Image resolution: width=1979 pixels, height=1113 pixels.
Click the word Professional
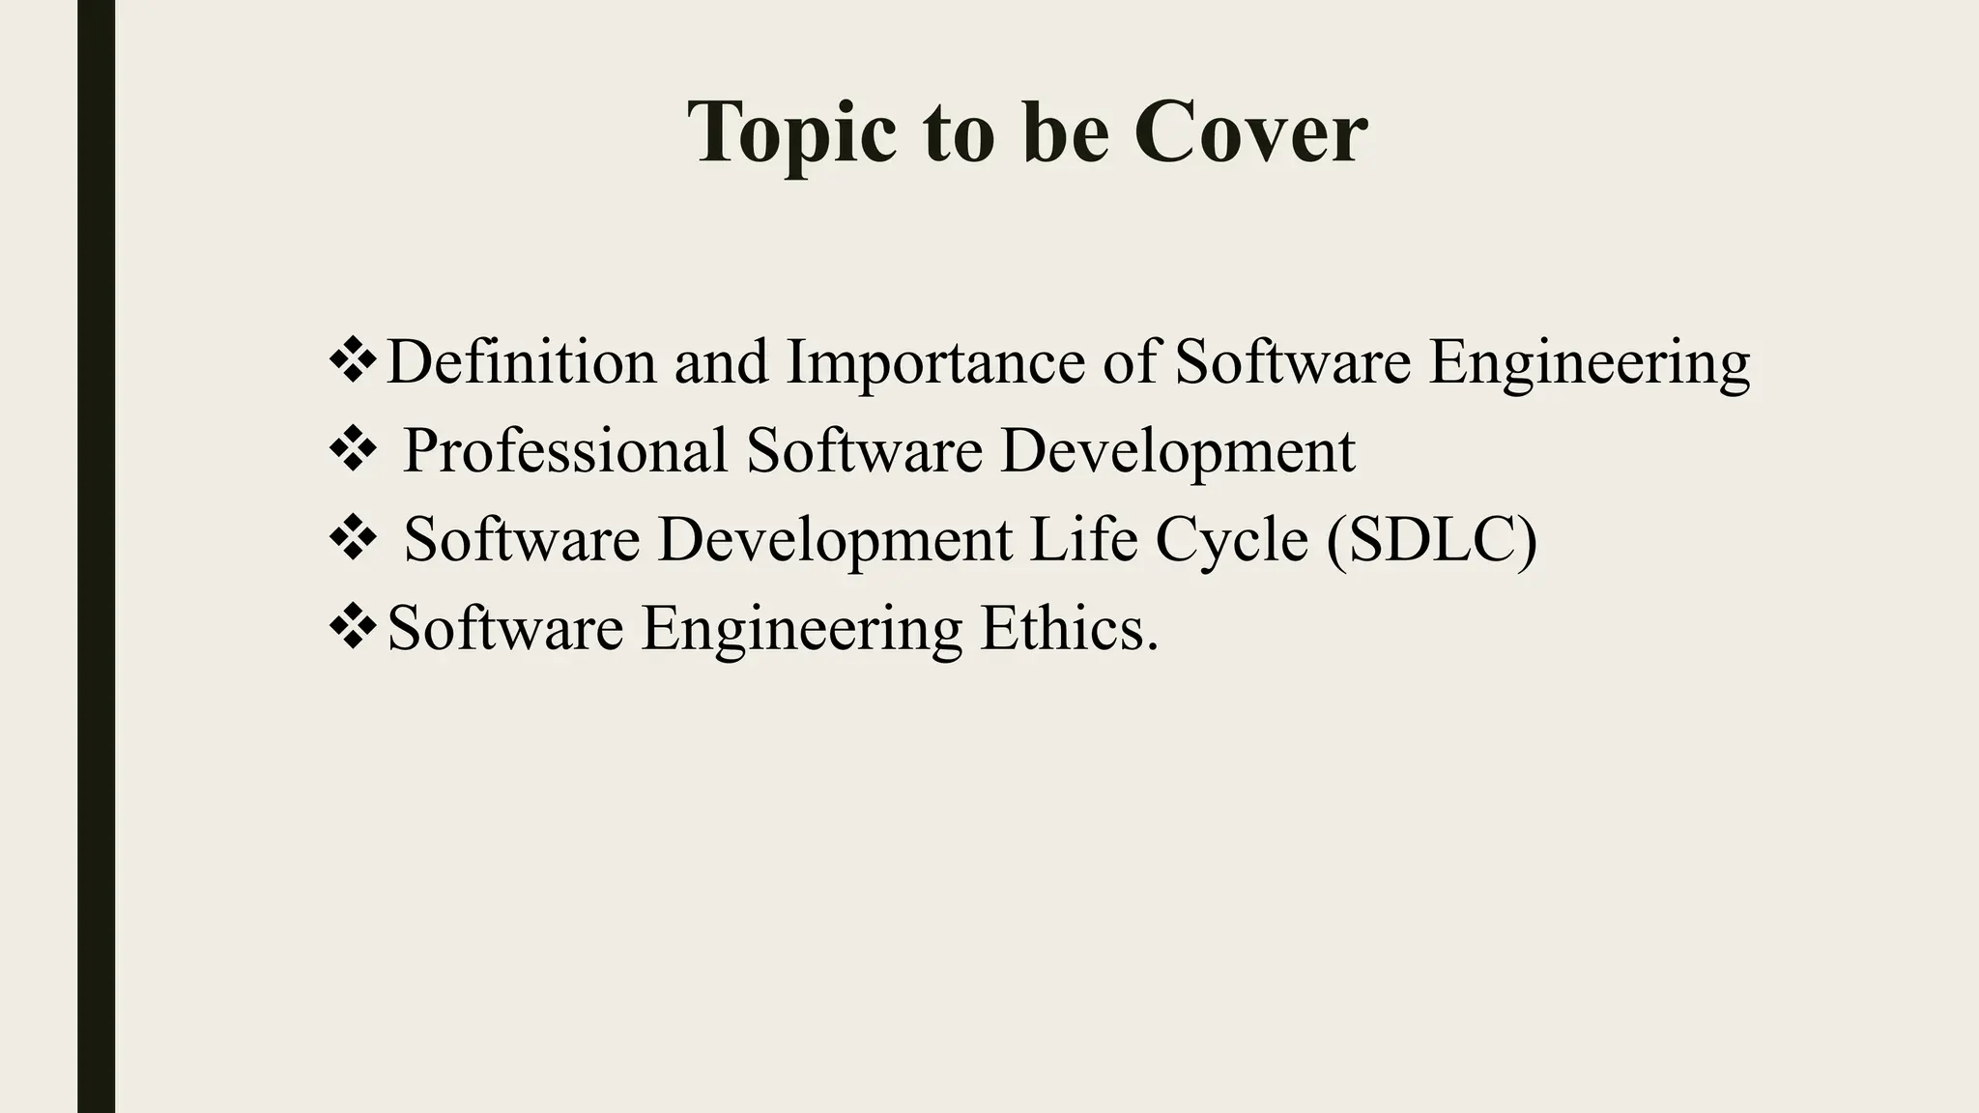[565, 451]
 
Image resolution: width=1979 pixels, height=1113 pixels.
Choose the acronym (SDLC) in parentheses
[1431, 539]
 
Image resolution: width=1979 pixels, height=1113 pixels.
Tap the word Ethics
[1069, 628]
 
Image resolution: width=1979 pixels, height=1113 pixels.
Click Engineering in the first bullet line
[1589, 363]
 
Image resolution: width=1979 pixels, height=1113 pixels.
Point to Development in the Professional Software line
[1177, 451]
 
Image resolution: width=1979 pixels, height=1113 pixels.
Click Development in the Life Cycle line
[835, 539]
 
